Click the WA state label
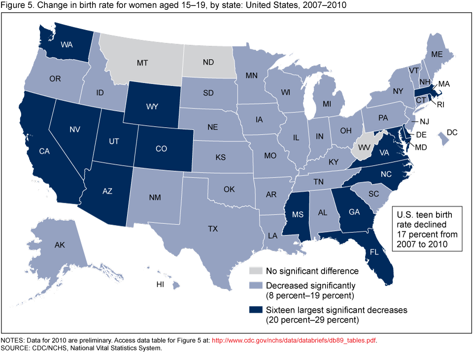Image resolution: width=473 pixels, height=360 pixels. tap(67, 44)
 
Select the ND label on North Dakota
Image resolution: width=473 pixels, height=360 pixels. tap(207, 63)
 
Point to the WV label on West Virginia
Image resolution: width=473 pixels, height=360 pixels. tap(365, 147)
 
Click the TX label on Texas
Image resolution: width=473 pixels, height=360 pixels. tap(213, 229)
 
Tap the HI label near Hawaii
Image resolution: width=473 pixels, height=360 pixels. tap(160, 285)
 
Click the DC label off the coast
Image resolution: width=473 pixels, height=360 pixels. tap(452, 132)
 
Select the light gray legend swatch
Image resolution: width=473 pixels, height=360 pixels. tap(255, 271)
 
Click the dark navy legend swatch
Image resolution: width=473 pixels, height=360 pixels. tap(255, 310)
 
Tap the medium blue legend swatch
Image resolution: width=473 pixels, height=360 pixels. tap(255, 286)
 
